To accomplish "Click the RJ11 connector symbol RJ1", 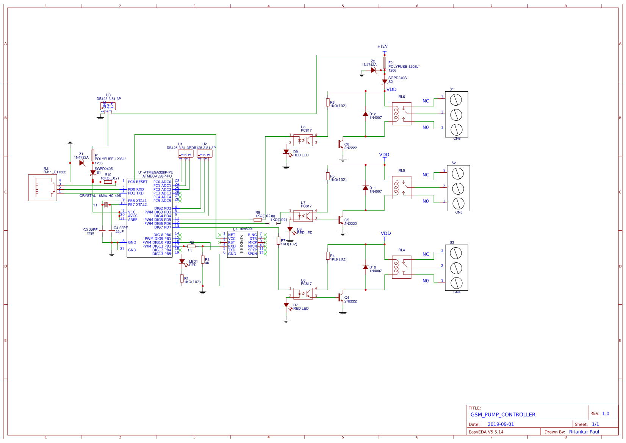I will tap(42, 187).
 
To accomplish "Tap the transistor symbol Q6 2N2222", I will tap(341, 144).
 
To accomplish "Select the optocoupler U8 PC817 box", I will tap(303, 140).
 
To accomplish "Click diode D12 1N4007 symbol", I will tap(365, 114).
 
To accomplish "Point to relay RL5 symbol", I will tap(401, 187).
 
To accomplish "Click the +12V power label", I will tap(382, 47).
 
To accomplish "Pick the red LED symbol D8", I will tap(290, 229).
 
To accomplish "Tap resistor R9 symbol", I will tap(258, 220).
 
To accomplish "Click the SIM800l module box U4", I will tap(243, 244).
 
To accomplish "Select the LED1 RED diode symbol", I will tap(182, 262).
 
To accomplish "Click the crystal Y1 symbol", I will tap(106, 205).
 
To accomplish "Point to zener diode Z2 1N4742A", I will tap(373, 70).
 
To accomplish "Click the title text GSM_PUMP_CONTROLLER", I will tap(503, 415).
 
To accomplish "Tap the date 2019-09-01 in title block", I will tap(501, 424).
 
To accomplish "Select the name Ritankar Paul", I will tap(584, 432).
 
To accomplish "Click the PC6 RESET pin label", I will tap(138, 182).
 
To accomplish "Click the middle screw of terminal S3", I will tap(456, 268).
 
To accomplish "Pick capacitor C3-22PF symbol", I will tap(102, 231).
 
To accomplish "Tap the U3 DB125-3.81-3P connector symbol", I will tap(108, 106).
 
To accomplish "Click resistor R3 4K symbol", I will tap(203, 259).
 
